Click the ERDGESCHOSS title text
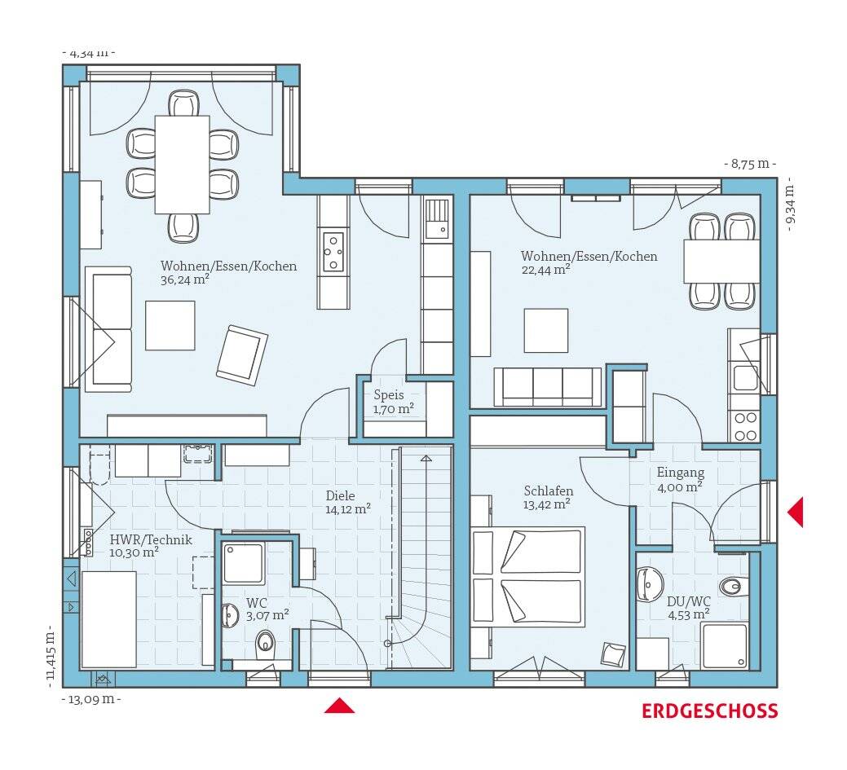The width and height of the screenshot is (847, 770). (x=710, y=711)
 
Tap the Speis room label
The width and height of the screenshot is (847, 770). (x=389, y=395)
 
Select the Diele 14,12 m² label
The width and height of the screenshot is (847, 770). (x=348, y=502)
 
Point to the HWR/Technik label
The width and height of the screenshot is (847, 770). (x=151, y=539)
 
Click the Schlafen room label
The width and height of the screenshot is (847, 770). (x=549, y=491)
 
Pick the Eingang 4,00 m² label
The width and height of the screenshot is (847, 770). (x=681, y=479)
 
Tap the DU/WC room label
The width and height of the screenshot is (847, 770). (x=689, y=601)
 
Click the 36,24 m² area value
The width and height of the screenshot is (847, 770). (x=185, y=279)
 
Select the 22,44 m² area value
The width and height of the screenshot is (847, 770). (x=546, y=270)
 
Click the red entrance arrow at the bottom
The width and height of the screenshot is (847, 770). (x=339, y=706)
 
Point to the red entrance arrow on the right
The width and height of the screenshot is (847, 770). (x=795, y=512)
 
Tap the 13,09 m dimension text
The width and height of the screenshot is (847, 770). (x=92, y=699)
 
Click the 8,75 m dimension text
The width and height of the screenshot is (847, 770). (x=750, y=164)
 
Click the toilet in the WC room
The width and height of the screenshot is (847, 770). (x=265, y=641)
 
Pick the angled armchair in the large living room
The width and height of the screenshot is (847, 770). (x=242, y=354)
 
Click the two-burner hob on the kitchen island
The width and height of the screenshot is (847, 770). (x=333, y=251)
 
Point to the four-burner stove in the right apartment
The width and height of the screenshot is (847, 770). (x=745, y=426)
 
